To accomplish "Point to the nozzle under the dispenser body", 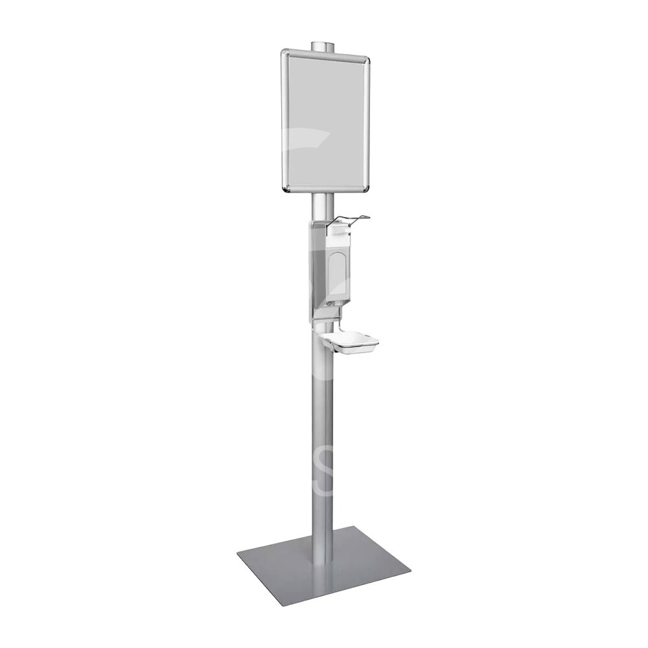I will pyautogui.click(x=331, y=304).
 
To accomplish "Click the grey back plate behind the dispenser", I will pyautogui.click(x=314, y=272).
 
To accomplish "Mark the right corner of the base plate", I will pyautogui.click(x=409, y=572).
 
